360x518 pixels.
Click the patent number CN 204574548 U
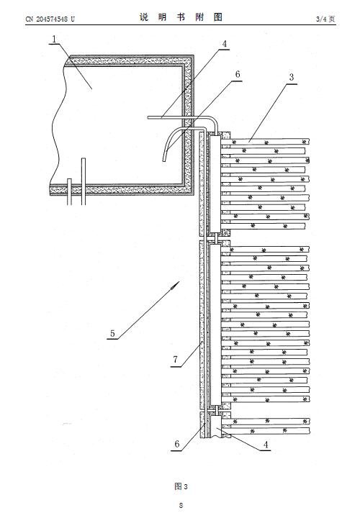(50, 19)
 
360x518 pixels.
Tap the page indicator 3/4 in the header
(320, 19)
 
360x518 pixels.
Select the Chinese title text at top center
(181, 17)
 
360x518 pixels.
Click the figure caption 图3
(181, 486)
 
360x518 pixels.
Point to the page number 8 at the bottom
(181, 505)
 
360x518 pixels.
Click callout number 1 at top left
(54, 40)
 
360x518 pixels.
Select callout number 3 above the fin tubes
(291, 77)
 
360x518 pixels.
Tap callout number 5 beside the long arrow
(112, 333)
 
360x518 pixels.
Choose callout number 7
(175, 359)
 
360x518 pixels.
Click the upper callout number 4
(225, 44)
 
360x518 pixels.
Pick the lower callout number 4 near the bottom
(266, 445)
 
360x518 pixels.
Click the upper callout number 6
(238, 74)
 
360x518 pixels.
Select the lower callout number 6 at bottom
(177, 444)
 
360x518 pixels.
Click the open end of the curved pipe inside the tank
(164, 160)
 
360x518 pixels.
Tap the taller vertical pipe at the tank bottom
(84, 181)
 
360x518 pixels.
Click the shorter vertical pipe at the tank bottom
(69, 191)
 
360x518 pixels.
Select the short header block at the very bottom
(216, 427)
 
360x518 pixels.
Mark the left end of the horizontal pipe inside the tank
(149, 117)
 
